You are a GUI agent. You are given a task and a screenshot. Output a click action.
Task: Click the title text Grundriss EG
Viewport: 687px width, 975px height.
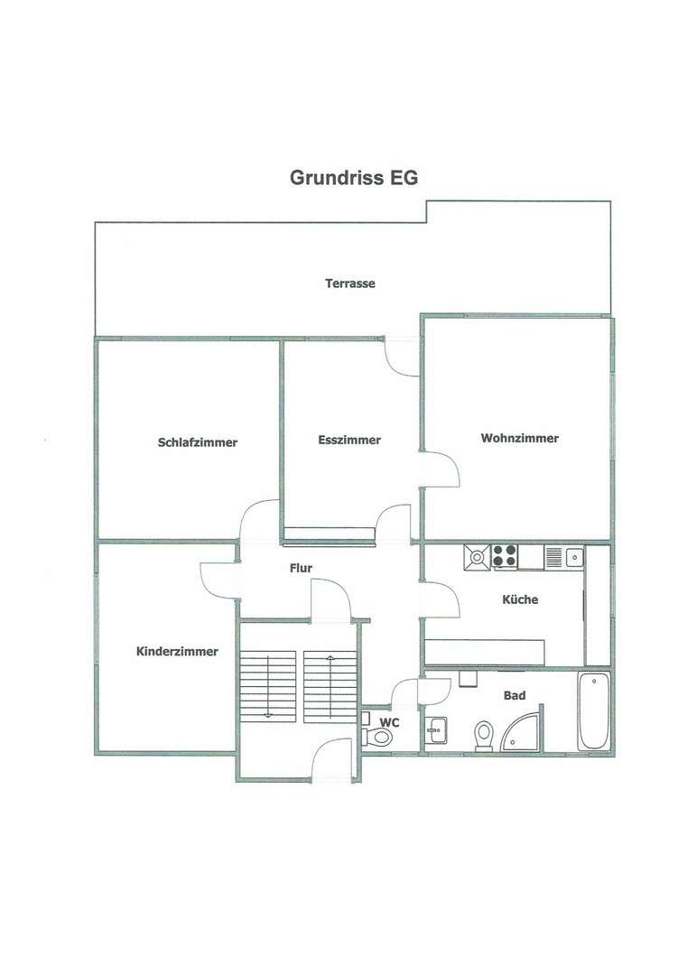tap(353, 178)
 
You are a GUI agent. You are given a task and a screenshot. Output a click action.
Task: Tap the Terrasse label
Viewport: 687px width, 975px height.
tap(350, 283)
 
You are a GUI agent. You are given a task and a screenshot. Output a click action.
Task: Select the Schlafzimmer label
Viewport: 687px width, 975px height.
tap(198, 442)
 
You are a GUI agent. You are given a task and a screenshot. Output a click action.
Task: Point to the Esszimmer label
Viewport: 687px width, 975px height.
tap(349, 441)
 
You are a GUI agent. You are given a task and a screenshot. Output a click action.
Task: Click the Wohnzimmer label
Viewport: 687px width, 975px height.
tap(519, 439)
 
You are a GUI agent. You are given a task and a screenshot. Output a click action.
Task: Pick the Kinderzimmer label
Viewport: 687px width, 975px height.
tap(177, 651)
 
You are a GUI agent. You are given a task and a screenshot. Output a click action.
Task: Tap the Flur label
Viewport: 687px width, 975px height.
tap(301, 569)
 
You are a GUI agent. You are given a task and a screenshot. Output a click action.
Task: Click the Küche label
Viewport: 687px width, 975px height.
tap(520, 599)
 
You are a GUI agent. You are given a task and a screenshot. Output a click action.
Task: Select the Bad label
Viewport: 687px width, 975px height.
tap(515, 695)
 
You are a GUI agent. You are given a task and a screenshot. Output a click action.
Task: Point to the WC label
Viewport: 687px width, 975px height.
tap(390, 722)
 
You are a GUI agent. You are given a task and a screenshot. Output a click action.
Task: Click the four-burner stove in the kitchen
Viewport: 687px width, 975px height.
tap(505, 557)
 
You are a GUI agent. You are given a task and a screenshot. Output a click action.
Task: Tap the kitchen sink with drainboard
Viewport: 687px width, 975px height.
tap(564, 557)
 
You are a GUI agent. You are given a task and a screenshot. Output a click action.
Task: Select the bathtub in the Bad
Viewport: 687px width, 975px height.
tap(595, 711)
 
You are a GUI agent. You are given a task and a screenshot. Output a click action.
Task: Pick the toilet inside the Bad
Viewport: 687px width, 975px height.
tap(483, 735)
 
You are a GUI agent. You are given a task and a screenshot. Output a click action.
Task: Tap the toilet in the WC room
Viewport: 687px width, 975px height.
tap(380, 737)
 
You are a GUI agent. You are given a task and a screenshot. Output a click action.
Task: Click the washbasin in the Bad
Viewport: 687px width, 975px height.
tap(438, 728)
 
